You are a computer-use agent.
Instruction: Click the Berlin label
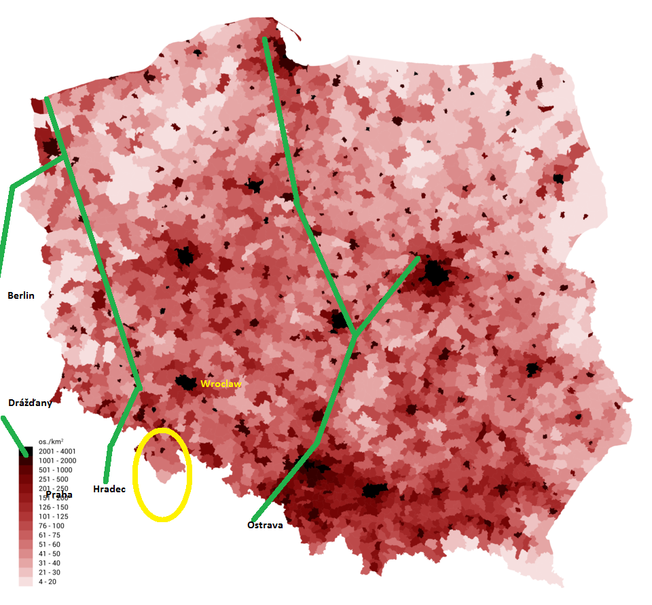21,295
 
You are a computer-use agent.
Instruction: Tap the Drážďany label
30,403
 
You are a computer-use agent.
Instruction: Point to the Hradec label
109,489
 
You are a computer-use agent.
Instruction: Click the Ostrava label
265,525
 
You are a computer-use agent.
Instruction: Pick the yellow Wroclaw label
221,384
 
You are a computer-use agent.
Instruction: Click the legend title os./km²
52,441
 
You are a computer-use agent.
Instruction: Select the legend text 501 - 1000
55,470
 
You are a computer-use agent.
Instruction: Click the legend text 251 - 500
53,479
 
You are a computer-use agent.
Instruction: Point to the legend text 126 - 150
53,507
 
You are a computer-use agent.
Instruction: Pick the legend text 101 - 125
53,517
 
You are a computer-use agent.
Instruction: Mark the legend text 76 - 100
51,526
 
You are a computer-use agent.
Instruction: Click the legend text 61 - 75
49,535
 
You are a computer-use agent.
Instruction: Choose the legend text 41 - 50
49,554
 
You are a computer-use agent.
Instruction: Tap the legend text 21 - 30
49,572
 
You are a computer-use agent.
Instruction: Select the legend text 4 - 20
47,582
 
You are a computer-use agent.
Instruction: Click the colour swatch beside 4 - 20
26,582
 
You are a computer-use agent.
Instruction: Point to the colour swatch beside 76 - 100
26,526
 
